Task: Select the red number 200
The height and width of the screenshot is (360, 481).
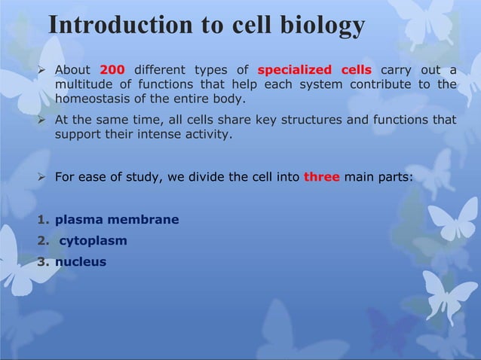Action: pyautogui.click(x=112, y=71)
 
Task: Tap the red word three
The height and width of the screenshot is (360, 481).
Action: pyautogui.click(x=321, y=178)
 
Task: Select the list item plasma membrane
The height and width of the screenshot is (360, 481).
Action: pyautogui.click(x=117, y=220)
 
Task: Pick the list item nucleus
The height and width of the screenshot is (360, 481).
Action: pyautogui.click(x=81, y=262)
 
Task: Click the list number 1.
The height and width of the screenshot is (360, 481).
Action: pyautogui.click(x=43, y=220)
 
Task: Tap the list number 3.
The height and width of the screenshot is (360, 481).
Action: pyautogui.click(x=43, y=262)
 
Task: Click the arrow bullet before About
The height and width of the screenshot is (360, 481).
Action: pyautogui.click(x=43, y=71)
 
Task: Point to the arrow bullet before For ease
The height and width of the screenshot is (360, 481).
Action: pyautogui.click(x=43, y=178)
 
